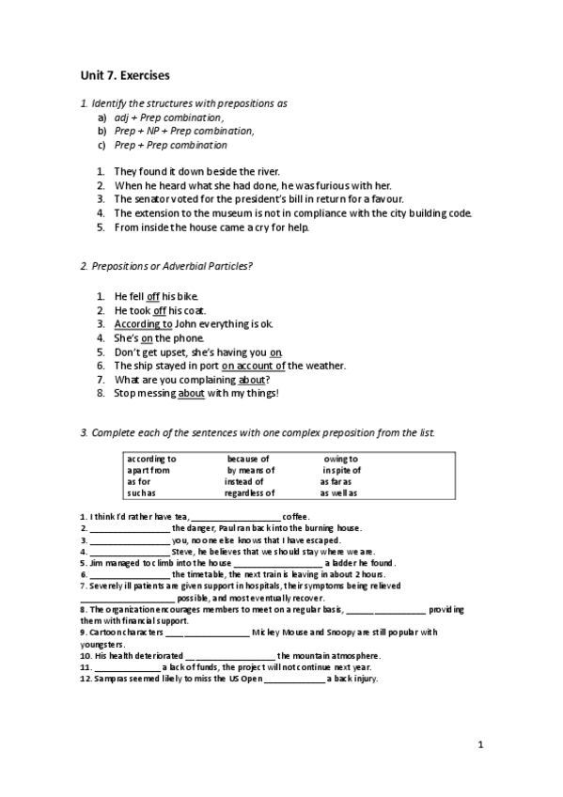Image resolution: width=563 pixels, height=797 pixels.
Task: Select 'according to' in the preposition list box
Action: [151, 459]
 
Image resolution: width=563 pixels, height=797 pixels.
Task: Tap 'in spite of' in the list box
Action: [342, 470]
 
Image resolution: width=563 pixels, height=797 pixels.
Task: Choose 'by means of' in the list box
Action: [251, 470]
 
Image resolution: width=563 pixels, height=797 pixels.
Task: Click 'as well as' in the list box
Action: [338, 492]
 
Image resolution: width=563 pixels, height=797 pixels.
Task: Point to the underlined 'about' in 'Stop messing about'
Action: [190, 393]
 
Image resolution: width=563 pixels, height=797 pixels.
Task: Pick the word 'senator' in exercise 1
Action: [150, 199]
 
